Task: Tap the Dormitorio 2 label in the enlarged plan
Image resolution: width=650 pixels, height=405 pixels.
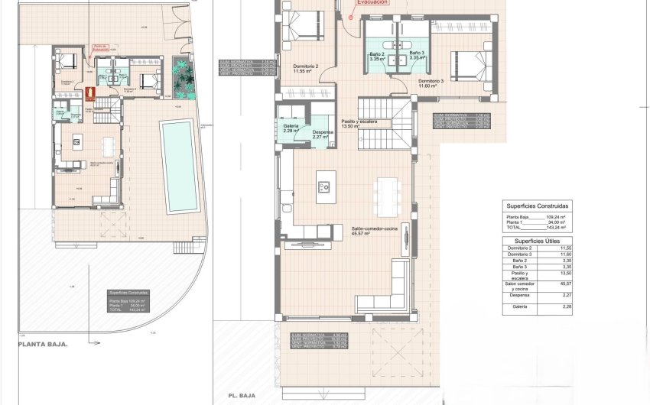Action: [306, 67]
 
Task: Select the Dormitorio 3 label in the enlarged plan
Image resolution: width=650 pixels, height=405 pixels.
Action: [431, 81]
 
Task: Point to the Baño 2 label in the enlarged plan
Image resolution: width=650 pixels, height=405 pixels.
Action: [376, 55]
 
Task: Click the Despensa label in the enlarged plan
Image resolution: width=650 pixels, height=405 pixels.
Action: [323, 134]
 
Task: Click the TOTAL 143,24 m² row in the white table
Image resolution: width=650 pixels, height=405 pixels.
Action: [536, 228]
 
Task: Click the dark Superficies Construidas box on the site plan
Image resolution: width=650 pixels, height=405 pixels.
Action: [129, 302]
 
